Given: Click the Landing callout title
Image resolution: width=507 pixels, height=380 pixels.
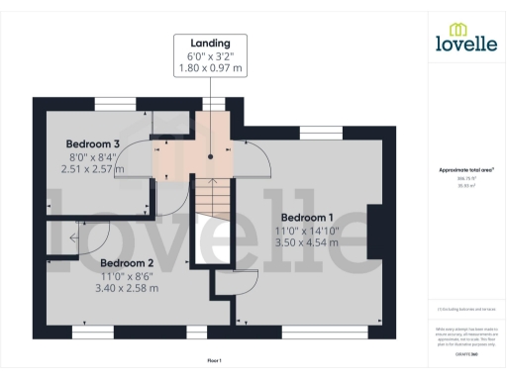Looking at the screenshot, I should click(x=210, y=44).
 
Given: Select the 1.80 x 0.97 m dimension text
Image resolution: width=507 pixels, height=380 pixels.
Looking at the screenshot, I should click(x=210, y=68).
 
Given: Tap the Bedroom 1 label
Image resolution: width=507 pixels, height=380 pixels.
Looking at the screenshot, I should click(x=307, y=217).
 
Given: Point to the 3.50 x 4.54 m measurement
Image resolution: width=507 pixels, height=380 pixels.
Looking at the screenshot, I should click(x=308, y=241).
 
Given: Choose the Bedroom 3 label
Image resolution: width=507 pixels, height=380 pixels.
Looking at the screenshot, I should click(x=92, y=144).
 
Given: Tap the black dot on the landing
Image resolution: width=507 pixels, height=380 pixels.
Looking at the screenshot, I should click(x=211, y=155).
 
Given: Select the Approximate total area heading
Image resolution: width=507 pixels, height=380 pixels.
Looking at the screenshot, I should click(x=465, y=170).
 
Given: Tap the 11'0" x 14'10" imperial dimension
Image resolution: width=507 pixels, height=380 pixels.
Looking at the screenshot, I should click(x=308, y=230).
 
